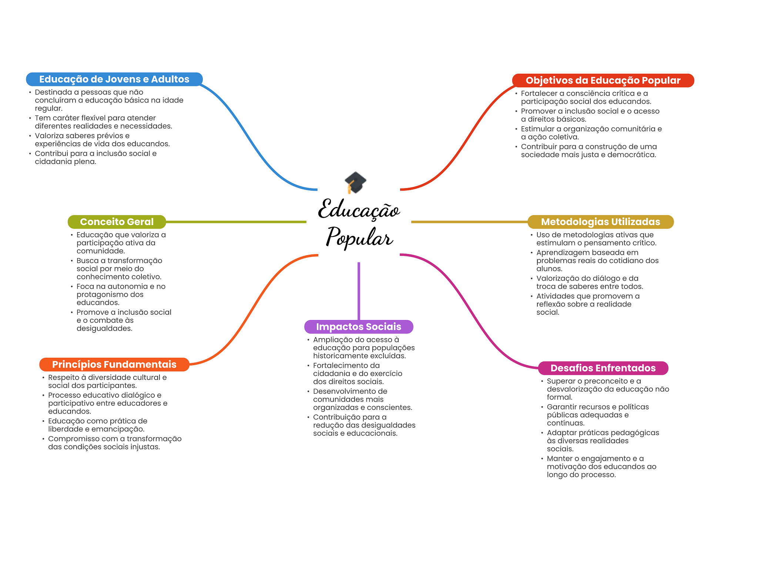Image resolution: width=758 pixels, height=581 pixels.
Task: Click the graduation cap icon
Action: tap(355, 182)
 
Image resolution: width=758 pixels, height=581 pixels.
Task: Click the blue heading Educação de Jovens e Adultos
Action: tap(114, 79)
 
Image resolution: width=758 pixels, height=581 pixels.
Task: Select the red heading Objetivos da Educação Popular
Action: tap(603, 80)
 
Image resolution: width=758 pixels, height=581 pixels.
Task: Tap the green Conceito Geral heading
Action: tap(117, 222)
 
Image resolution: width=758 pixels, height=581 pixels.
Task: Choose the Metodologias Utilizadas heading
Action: tap(600, 222)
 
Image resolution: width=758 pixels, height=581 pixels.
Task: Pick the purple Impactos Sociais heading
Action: tap(358, 327)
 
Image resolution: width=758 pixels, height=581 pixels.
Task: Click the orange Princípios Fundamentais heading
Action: tap(114, 364)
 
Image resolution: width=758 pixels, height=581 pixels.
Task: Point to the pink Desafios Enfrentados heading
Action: tap(603, 368)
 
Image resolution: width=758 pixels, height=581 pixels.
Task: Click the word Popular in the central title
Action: tap(359, 237)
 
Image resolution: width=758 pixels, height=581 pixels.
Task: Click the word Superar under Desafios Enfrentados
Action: tap(560, 381)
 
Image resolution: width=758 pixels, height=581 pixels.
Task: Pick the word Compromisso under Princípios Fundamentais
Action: tap(72, 439)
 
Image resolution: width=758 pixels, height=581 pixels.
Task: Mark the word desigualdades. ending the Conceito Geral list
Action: tap(104, 328)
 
